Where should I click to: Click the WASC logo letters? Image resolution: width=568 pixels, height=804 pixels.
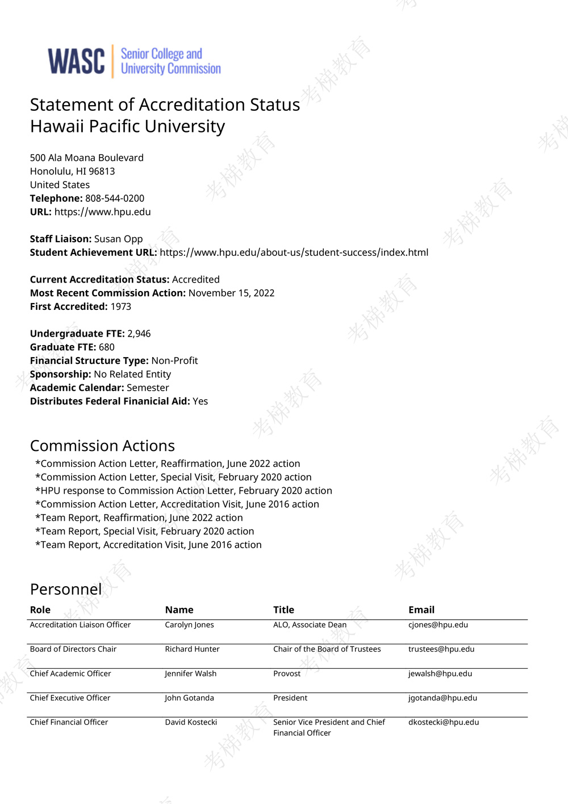[x=76, y=61]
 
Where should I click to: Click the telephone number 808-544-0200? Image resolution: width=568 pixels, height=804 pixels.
[x=115, y=198]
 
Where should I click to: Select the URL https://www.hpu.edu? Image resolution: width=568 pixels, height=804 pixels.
[x=102, y=212]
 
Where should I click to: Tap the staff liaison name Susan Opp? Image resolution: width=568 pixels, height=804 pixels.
[x=118, y=239]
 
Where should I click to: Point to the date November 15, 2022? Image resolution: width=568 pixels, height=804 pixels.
[x=231, y=293]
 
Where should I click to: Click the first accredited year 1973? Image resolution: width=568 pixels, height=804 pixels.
[x=120, y=306]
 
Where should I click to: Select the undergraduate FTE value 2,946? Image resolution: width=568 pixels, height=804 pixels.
[x=139, y=334]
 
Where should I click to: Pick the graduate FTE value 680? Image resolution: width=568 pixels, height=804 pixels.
[x=106, y=347]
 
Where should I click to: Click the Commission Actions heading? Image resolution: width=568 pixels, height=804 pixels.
[x=102, y=446]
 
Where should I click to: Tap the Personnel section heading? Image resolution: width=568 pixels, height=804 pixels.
[x=66, y=589]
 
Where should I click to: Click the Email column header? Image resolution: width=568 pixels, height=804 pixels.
[x=421, y=610]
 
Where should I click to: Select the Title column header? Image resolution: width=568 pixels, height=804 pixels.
[x=283, y=610]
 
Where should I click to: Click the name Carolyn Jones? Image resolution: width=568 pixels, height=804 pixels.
[x=189, y=625]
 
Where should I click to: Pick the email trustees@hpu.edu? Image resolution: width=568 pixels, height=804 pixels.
[x=441, y=649]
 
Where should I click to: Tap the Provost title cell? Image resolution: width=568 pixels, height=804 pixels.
[x=287, y=674]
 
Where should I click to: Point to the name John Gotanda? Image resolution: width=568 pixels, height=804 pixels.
[x=189, y=698]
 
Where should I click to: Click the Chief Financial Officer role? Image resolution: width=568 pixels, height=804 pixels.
[x=69, y=722]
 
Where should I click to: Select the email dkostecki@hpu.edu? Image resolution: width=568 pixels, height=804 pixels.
[x=443, y=722]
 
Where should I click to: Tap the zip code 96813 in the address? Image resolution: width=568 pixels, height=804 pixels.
[x=102, y=171]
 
